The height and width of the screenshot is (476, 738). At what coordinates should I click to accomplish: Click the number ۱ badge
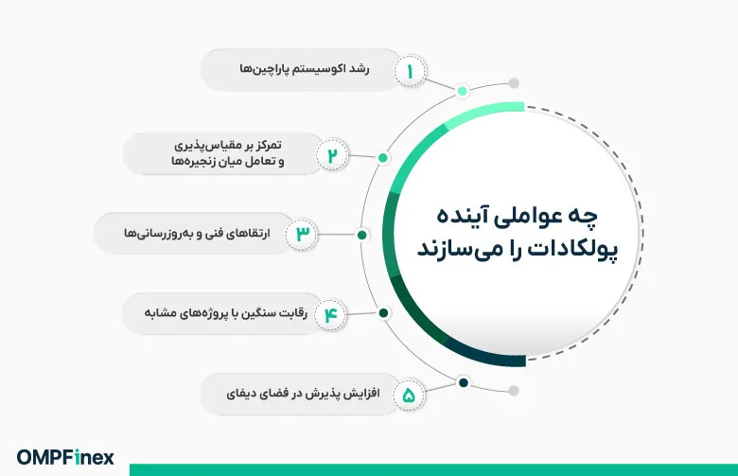410,72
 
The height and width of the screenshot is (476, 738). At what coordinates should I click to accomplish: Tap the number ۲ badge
332,155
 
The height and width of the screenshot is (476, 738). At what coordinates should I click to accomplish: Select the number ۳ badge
302,234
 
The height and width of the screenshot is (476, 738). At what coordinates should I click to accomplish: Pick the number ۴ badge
331,314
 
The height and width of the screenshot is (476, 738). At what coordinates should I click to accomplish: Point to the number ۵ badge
409,395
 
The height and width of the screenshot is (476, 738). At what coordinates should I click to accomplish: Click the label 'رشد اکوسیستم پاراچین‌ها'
305,69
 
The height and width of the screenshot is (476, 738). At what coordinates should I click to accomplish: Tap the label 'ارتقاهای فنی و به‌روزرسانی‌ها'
197,233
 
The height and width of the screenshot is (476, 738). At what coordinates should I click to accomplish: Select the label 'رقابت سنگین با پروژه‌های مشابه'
225,312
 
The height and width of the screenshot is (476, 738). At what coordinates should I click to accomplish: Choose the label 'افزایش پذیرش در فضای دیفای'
303,393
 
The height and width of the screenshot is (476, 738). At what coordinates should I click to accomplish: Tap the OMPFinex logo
65,457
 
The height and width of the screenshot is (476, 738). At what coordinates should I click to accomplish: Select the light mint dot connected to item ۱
462,91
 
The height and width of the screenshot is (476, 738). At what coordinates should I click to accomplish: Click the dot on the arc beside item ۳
362,235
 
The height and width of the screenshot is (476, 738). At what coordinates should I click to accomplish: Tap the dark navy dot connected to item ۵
463,382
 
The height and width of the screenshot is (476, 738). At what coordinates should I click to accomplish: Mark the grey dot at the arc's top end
514,83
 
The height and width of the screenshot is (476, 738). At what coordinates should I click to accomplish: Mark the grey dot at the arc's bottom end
514,390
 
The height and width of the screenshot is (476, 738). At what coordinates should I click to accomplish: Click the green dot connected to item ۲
383,158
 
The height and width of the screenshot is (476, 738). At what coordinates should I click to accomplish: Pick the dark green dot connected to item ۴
383,312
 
